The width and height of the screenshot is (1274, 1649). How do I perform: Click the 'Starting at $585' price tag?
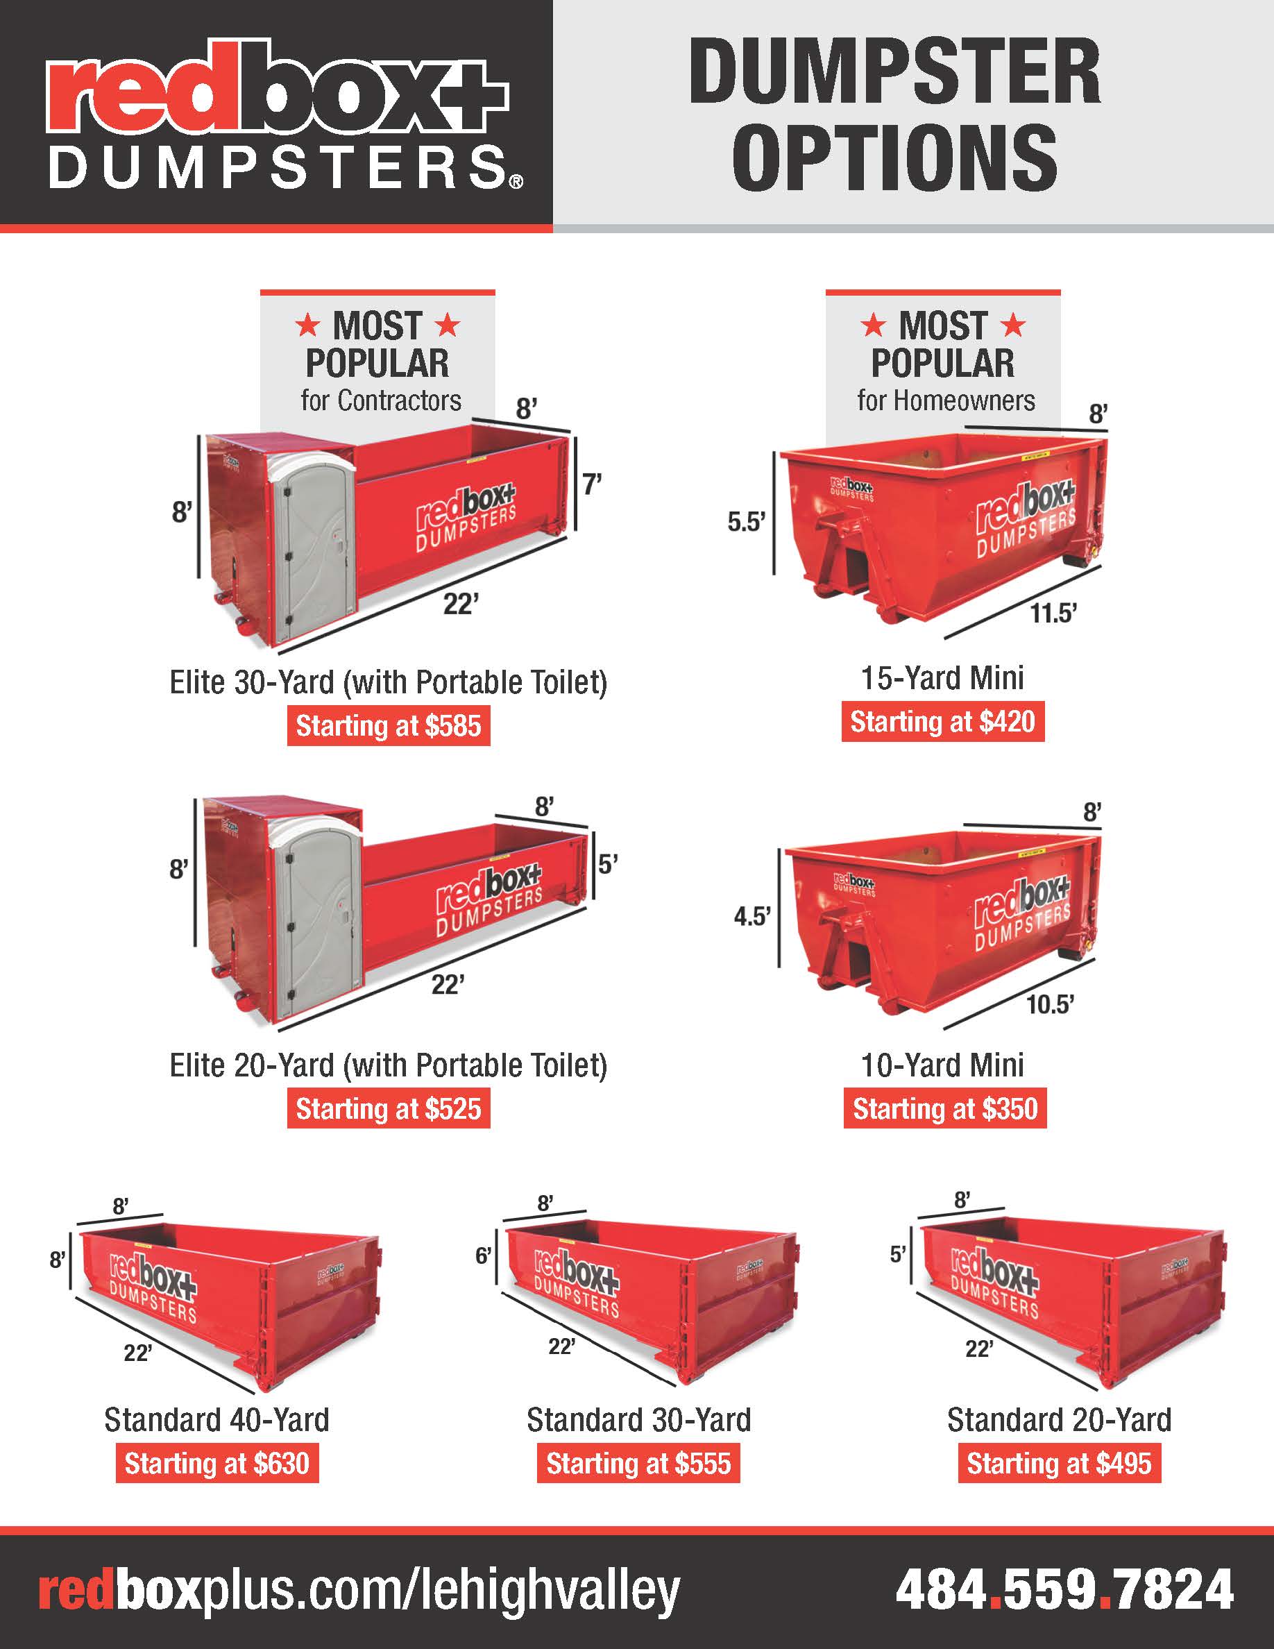click(388, 725)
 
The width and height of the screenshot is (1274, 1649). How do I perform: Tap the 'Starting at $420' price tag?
click(943, 722)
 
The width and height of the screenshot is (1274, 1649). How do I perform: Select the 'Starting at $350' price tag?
click(945, 1108)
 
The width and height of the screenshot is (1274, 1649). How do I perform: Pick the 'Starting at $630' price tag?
click(216, 1463)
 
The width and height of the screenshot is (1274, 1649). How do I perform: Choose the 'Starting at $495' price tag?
click(1059, 1463)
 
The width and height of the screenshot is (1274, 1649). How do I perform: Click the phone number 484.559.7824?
click(1064, 1589)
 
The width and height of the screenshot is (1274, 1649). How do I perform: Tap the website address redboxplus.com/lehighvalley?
click(359, 1591)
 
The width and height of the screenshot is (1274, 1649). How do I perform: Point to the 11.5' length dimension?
click(1053, 614)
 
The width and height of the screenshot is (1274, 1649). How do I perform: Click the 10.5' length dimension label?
click(1049, 1004)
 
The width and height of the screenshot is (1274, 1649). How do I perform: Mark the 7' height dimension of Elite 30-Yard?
click(592, 484)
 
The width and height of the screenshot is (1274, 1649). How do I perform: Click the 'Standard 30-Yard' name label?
click(638, 1420)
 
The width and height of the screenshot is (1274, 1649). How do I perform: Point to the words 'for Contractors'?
click(380, 400)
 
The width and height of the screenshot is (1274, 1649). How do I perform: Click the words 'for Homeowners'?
click(946, 400)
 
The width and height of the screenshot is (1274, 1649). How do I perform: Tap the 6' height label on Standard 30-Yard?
click(483, 1255)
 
